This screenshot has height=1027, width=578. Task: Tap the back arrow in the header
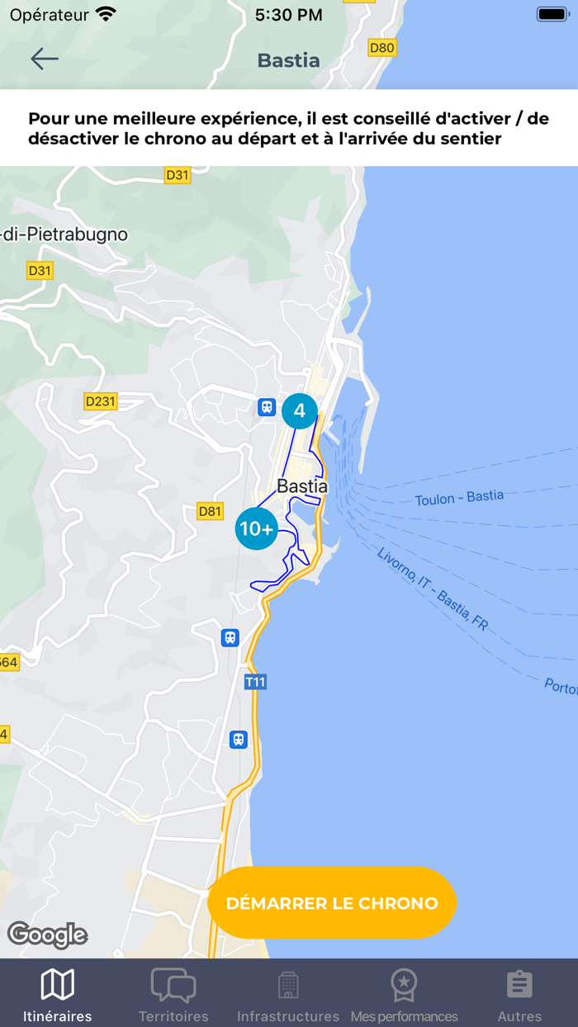click(x=45, y=58)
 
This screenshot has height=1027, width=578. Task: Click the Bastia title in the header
click(x=288, y=60)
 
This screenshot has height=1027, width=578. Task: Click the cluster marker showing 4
click(x=300, y=411)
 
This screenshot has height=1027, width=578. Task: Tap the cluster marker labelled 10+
click(x=256, y=529)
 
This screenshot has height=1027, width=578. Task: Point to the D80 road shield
click(x=381, y=48)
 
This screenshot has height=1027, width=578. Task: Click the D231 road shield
click(x=101, y=402)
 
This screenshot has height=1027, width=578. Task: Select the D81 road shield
click(x=211, y=512)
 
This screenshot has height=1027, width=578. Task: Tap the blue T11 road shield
click(x=255, y=683)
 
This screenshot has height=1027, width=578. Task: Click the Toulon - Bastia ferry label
click(x=459, y=498)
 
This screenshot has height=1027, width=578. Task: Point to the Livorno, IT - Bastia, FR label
click(x=432, y=589)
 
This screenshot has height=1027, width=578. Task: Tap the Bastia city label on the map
click(x=302, y=486)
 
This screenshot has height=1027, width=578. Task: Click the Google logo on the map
click(x=48, y=935)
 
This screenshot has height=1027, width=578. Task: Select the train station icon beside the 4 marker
click(x=267, y=407)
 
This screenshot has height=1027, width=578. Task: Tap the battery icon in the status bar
click(x=552, y=14)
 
